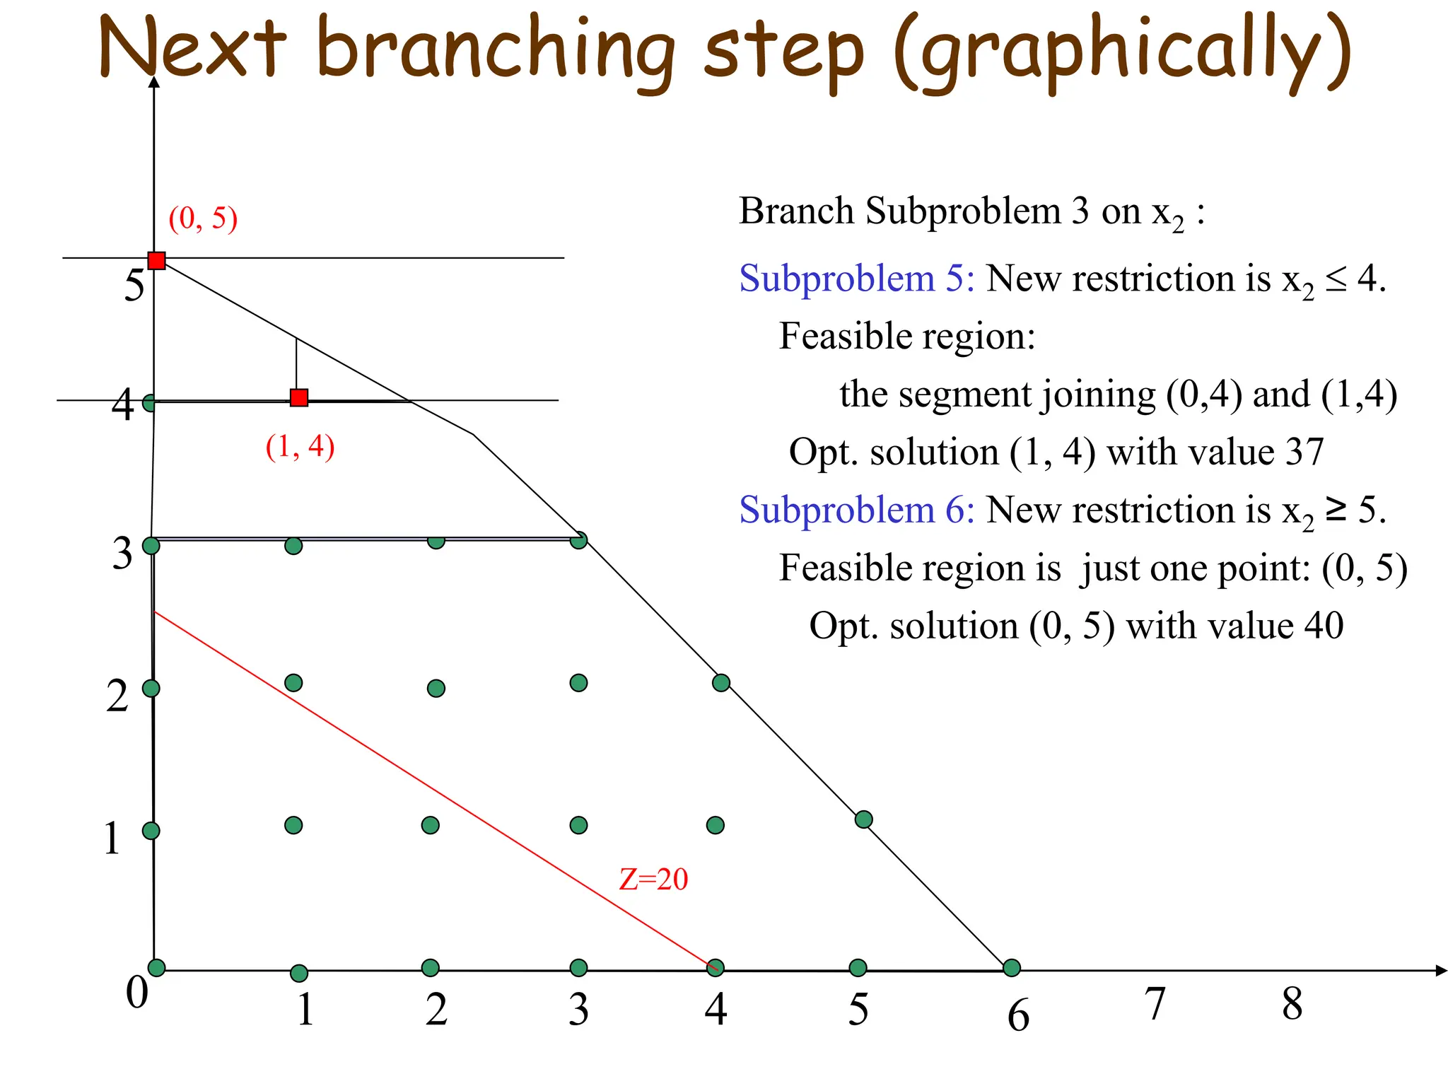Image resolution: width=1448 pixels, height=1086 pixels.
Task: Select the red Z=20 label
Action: (x=653, y=880)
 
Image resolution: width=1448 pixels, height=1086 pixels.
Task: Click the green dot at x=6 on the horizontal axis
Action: (x=1012, y=967)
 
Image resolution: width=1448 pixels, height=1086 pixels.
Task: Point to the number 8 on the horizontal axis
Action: (x=1292, y=1004)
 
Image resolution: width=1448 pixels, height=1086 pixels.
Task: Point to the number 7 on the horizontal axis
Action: (x=1155, y=1004)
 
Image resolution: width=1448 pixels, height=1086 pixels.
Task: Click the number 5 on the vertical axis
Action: (x=134, y=286)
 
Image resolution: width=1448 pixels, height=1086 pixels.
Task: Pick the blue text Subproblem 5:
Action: (x=856, y=279)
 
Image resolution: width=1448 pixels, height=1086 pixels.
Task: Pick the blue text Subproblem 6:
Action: (x=856, y=510)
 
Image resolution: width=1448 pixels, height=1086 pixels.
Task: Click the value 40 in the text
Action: (x=1324, y=626)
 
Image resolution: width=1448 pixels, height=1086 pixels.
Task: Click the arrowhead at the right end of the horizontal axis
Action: (x=1441, y=971)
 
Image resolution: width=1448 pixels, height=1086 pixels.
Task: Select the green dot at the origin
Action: (x=156, y=967)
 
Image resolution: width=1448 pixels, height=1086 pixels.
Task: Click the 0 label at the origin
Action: (x=137, y=992)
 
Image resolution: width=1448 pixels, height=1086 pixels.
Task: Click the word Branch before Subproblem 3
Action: (x=796, y=211)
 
